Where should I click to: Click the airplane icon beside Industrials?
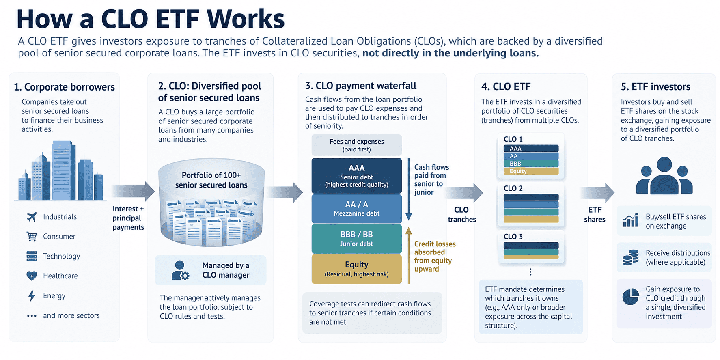32,217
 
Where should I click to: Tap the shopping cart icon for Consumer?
32,237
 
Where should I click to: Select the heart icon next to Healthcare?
32,276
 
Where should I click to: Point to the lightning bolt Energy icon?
32,296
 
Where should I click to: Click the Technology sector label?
62,256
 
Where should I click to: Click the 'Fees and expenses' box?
356,145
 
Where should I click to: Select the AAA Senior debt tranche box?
356,176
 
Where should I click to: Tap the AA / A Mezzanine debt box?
356,209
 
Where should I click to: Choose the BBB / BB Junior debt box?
356,239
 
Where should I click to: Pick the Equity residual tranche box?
356,269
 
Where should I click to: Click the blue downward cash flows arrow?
409,189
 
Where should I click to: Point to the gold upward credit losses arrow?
409,255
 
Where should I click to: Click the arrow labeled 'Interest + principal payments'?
133,191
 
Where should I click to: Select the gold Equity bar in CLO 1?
531,171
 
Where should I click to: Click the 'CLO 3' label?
513,237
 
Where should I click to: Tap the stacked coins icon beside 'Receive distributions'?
630,258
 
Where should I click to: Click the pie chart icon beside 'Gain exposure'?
631,297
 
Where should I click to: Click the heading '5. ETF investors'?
655,87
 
